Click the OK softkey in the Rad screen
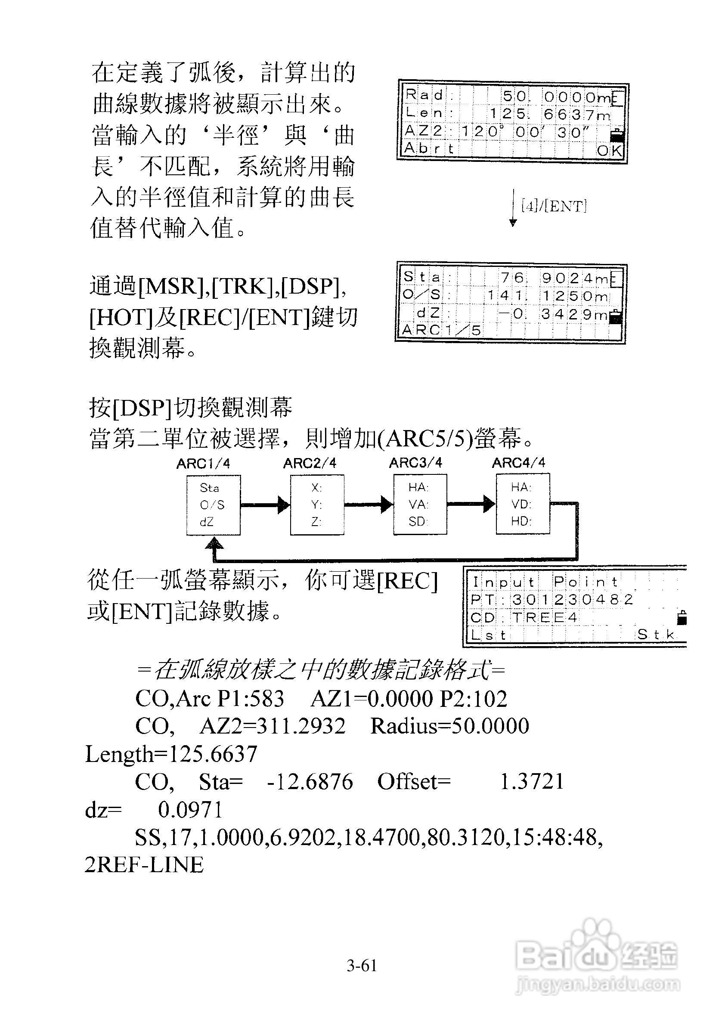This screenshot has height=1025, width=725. point(609,150)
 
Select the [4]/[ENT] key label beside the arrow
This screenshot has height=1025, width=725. point(554,206)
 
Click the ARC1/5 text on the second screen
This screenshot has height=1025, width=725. point(441,330)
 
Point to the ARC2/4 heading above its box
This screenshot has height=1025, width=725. point(310,463)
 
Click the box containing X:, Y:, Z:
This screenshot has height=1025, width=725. point(317,505)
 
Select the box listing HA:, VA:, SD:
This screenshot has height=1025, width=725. point(420,504)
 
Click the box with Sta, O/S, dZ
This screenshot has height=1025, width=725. point(214,505)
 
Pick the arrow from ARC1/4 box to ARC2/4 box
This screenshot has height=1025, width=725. point(265,505)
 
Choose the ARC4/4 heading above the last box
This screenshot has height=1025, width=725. point(519,463)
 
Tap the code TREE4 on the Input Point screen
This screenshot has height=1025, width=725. point(545,617)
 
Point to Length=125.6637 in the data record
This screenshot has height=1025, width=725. point(171,755)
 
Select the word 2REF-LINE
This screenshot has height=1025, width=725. point(144,865)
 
